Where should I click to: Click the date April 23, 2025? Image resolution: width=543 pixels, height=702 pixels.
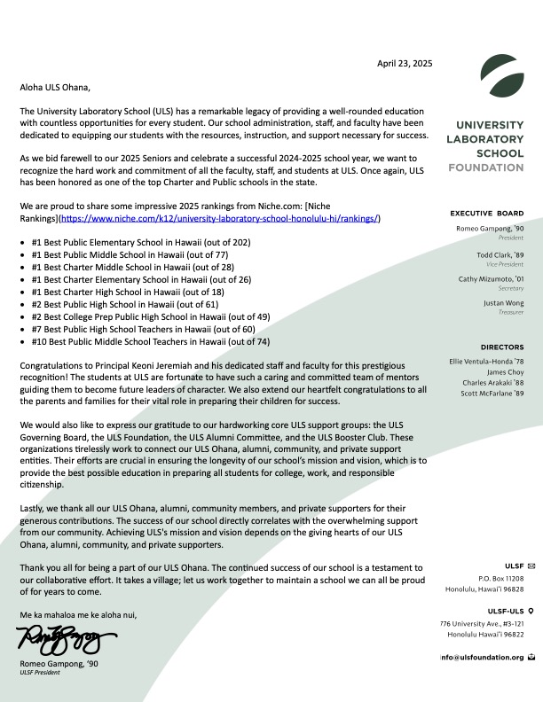[x=405, y=64]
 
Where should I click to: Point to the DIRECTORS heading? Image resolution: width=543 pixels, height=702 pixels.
[x=502, y=347]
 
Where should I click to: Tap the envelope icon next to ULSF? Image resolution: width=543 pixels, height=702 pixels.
[x=531, y=565]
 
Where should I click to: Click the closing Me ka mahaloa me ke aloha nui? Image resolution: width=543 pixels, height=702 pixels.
[x=78, y=614]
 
